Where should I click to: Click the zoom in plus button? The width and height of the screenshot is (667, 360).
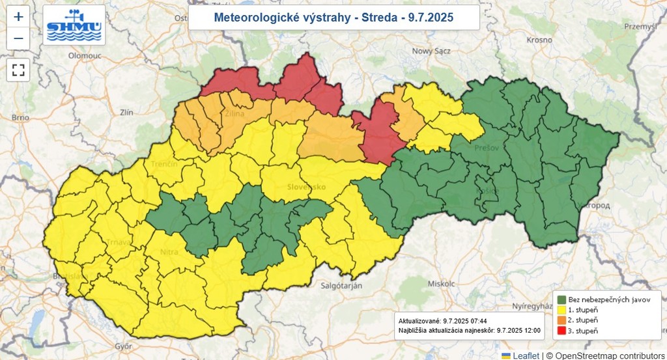click(x=18, y=17)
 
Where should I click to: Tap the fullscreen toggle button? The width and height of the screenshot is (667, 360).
click(x=18, y=69)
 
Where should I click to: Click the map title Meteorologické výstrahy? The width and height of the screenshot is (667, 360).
click(x=333, y=18)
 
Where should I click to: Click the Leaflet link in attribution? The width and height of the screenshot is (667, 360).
click(x=525, y=355)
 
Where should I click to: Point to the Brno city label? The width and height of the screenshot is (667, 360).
click(x=21, y=117)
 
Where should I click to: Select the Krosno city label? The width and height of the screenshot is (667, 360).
click(x=540, y=40)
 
